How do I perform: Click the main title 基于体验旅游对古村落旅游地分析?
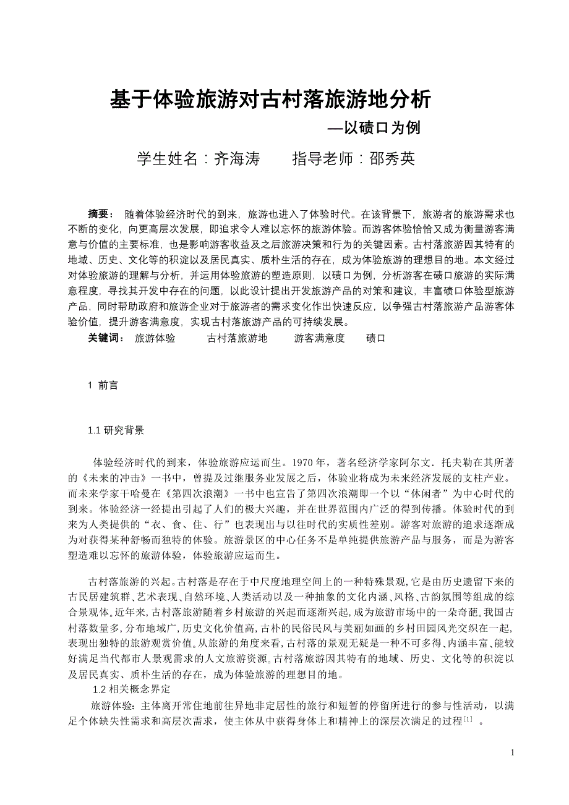tap(270, 100)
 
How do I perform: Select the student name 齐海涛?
tap(236, 158)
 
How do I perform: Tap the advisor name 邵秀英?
tap(392, 158)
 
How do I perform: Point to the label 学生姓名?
tap(168, 158)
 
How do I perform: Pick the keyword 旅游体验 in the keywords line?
tap(155, 338)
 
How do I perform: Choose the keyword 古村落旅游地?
tap(237, 338)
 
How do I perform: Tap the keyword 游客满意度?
tap(319, 338)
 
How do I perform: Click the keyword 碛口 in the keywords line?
tap(375, 338)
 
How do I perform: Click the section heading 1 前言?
tap(103, 385)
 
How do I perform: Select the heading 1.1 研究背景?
tap(116, 430)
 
